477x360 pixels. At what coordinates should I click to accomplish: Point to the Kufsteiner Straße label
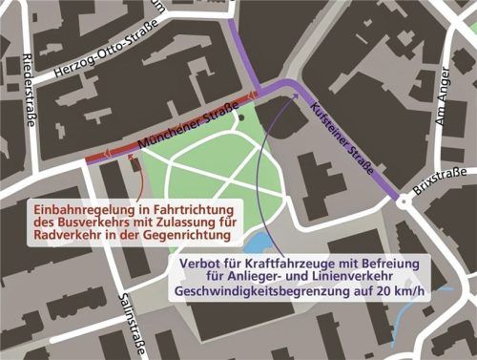342,138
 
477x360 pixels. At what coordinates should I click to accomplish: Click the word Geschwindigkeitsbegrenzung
257,292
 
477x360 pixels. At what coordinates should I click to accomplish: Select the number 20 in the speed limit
380,292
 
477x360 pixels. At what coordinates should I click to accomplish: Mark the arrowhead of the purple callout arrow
286,98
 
